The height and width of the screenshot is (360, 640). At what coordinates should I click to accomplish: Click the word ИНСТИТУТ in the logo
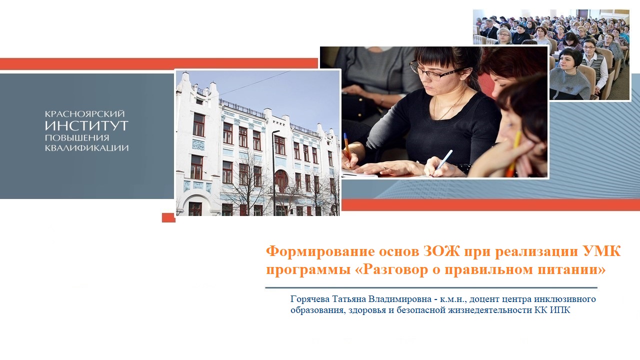click(x=86, y=125)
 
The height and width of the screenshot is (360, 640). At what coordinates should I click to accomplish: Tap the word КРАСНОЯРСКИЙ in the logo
click(x=84, y=114)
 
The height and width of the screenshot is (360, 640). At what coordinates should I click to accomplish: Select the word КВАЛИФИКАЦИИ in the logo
click(x=86, y=147)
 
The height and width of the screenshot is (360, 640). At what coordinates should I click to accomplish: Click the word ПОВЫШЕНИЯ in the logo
click(x=77, y=137)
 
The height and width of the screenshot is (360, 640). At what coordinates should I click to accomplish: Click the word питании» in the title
click(x=572, y=270)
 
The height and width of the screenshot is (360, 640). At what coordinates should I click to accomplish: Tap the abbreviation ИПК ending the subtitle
click(x=559, y=310)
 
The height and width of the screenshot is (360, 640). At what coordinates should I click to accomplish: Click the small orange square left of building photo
click(x=168, y=217)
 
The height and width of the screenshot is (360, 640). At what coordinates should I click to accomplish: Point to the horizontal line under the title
click(x=431, y=287)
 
